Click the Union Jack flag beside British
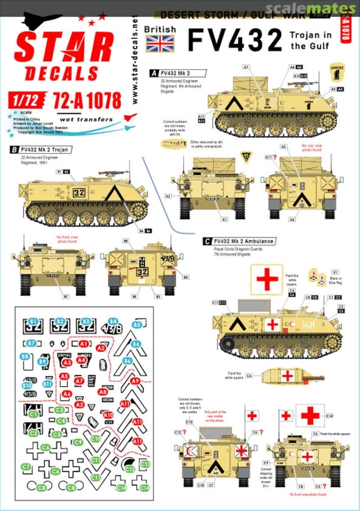[160, 43]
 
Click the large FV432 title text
[235, 39]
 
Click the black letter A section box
[153, 73]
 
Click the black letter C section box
[207, 241]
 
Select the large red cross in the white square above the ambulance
[267, 279]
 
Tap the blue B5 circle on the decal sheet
[137, 325]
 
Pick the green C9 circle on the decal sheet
[79, 442]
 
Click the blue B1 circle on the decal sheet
[33, 321]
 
